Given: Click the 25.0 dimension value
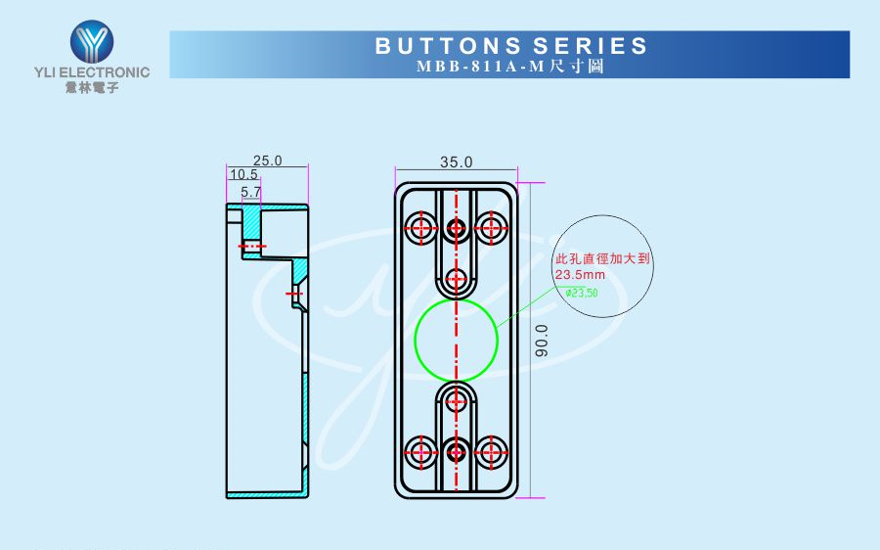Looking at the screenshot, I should [x=267, y=160].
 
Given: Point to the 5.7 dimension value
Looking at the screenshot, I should [x=251, y=192].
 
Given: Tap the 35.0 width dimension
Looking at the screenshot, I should [x=456, y=161].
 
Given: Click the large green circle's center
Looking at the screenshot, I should [x=456, y=340].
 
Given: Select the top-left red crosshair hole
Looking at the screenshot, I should [x=422, y=228].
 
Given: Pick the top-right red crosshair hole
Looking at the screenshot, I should [x=490, y=228].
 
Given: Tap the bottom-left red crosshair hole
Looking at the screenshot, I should [x=422, y=451].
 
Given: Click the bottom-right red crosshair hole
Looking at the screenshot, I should [x=490, y=451].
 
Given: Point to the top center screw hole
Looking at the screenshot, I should [x=456, y=228].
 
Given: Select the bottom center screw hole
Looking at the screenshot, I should [x=456, y=451].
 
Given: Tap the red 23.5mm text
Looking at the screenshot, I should [x=581, y=276].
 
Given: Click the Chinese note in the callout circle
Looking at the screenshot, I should [x=602, y=260].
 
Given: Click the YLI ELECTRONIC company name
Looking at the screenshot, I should [x=92, y=72].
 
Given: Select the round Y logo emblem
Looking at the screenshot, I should [x=92, y=41].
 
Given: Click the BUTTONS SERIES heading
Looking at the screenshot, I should [x=511, y=46].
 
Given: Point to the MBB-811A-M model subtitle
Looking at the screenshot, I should [x=510, y=68].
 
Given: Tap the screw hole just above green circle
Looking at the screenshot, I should [x=456, y=279].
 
